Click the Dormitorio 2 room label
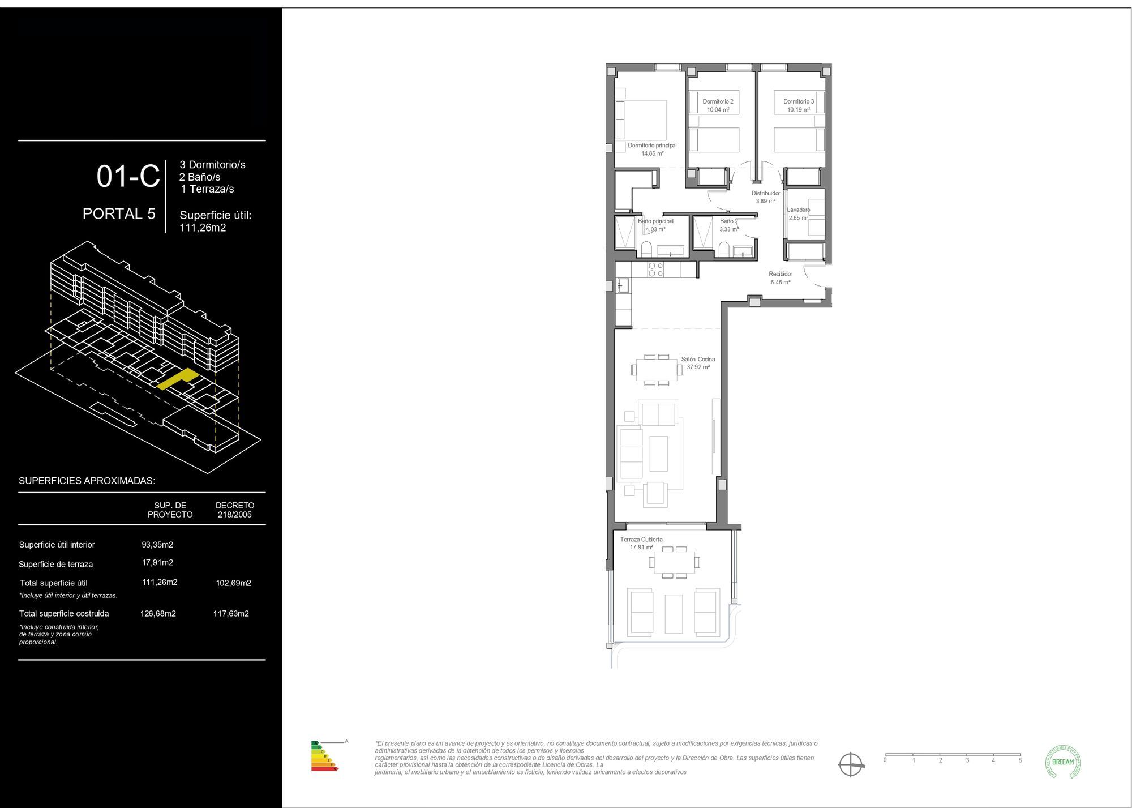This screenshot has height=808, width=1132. pyautogui.click(x=718, y=105)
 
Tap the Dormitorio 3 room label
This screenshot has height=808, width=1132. pyautogui.click(x=799, y=105)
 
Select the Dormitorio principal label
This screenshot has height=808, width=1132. pyautogui.click(x=652, y=149)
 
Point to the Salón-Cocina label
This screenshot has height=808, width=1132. pyautogui.click(x=698, y=363)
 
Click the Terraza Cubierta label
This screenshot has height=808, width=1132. pyautogui.click(x=641, y=543)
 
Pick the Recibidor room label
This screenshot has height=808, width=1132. pyautogui.click(x=780, y=277)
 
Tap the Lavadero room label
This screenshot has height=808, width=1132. pyautogui.click(x=798, y=213)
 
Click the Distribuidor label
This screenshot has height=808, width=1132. pyautogui.click(x=765, y=196)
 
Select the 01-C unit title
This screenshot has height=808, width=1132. pyautogui.click(x=128, y=176)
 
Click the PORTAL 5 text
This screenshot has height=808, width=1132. pyautogui.click(x=119, y=213)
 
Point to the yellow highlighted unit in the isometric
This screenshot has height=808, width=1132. pyautogui.click(x=178, y=379)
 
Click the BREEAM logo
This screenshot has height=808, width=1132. pyautogui.click(x=1062, y=762)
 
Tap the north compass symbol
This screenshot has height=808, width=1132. pyautogui.click(x=851, y=764)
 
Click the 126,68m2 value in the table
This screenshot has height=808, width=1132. pyautogui.click(x=158, y=613)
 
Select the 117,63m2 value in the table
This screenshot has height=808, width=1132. pyautogui.click(x=231, y=613)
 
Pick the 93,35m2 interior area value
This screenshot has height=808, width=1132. pyautogui.click(x=157, y=545)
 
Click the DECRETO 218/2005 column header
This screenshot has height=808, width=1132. pyautogui.click(x=235, y=510)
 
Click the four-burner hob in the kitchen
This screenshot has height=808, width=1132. pyautogui.click(x=656, y=270)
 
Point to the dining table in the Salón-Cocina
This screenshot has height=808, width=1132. pyautogui.click(x=657, y=370)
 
